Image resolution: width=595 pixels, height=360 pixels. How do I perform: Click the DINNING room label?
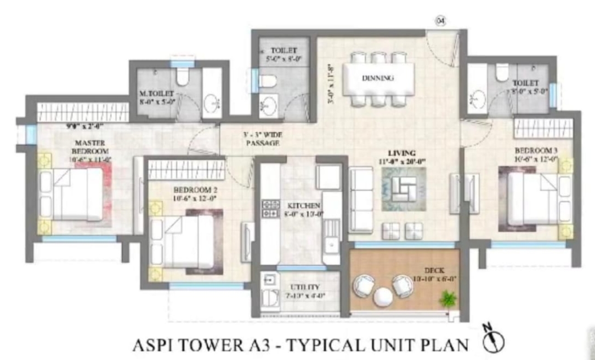pyautogui.click(x=378, y=78)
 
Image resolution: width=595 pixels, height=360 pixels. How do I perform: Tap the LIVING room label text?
pyautogui.click(x=401, y=153)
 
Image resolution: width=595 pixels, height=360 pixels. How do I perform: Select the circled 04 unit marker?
pyautogui.click(x=440, y=21)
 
